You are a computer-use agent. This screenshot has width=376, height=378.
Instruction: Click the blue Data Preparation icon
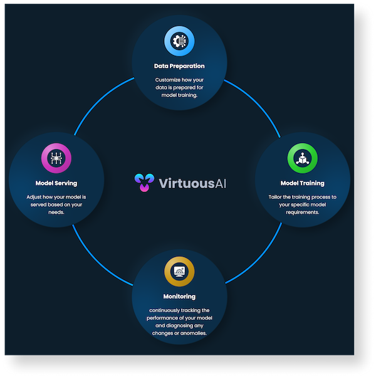tap(179, 41)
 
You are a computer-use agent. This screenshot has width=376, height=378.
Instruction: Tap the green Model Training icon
tap(303, 158)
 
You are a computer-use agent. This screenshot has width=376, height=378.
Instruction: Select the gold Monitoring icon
tap(179, 271)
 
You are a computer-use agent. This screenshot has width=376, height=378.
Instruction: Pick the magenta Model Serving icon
tap(56, 158)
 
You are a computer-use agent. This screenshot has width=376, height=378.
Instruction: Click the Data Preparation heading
tap(179, 66)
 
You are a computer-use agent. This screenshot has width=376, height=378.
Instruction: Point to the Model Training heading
tap(303, 183)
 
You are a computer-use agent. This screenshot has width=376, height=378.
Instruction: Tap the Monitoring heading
tap(179, 297)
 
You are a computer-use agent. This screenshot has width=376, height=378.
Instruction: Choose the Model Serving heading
tap(56, 183)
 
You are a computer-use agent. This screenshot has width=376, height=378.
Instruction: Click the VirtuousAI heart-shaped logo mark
tap(144, 182)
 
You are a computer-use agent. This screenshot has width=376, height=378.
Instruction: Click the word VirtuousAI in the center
tap(192, 183)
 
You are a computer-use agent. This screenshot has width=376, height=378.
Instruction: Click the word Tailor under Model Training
tap(274, 197)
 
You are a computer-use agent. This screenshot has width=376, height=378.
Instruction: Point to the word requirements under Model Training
tap(303, 213)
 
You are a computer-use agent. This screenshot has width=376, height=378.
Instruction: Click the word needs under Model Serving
tap(56, 213)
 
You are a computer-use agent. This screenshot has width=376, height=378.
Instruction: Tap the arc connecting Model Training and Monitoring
tap(259, 258)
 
